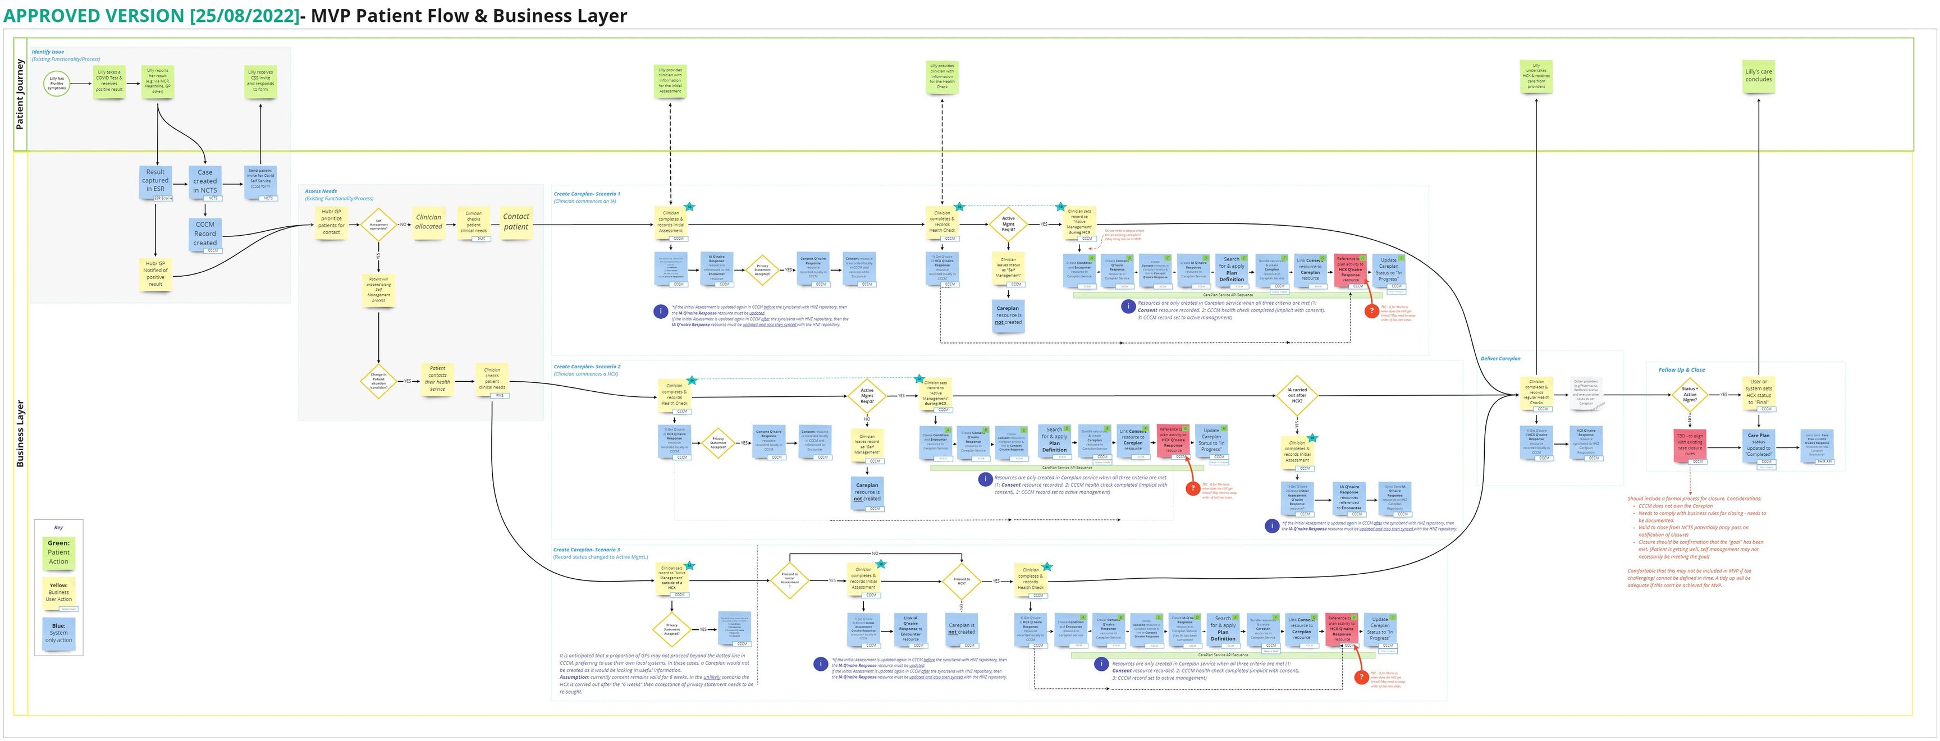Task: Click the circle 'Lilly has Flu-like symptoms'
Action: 57,84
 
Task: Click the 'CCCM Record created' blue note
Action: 205,234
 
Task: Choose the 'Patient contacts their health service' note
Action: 437,378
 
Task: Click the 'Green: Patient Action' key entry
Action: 59,552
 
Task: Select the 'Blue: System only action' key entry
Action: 59,633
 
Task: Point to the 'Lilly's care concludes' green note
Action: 1759,76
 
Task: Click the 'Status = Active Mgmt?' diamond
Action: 1690,395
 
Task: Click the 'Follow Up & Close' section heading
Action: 1681,370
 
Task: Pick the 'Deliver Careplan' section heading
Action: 1500,359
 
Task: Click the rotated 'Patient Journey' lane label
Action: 20,94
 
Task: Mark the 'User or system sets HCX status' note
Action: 1759,392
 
